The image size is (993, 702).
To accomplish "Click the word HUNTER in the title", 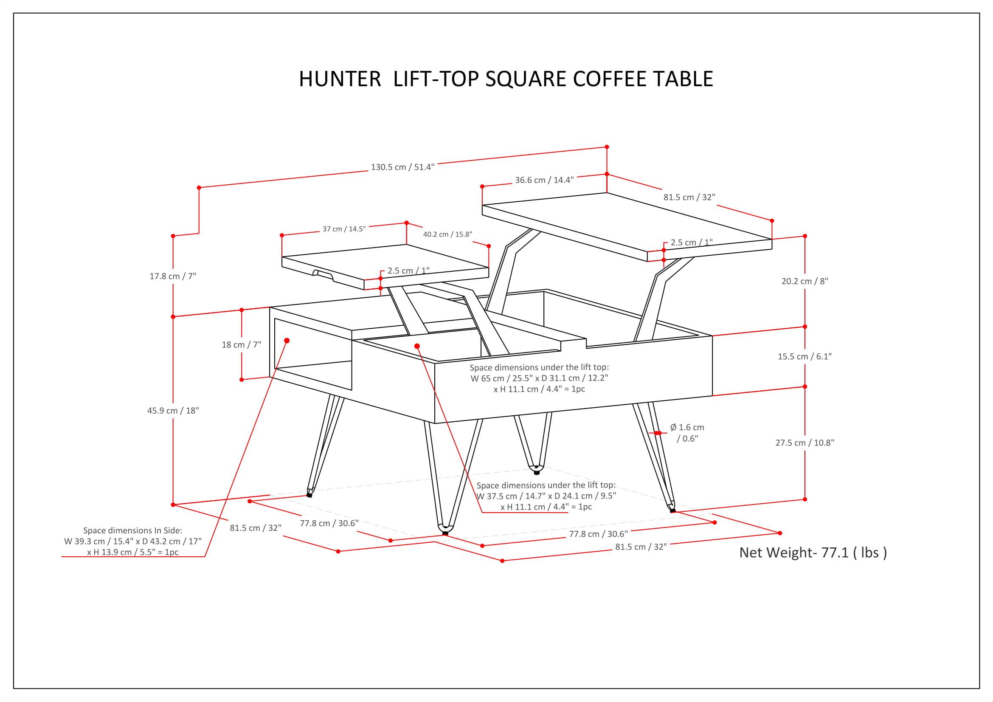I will (340, 79).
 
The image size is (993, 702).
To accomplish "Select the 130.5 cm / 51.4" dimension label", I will (402, 167).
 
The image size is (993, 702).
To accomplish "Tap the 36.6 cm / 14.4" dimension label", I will (544, 180).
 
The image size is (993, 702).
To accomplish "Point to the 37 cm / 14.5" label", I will (344, 229).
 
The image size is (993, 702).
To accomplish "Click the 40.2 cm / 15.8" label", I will (447, 234).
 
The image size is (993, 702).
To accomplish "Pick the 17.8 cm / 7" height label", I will (172, 276).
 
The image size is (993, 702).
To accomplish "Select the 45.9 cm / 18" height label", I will (172, 411).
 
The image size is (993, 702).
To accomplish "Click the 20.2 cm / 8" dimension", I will (805, 281).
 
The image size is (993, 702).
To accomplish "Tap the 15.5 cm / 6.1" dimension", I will (805, 356).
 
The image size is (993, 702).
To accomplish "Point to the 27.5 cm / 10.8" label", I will (805, 443).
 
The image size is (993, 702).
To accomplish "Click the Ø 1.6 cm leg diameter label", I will (687, 427).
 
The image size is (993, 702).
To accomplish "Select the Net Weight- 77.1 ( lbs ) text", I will (813, 553).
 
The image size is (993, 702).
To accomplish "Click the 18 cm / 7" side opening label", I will (241, 345).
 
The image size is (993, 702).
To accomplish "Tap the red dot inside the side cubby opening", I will (287, 341).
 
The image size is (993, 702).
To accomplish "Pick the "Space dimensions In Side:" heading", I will (132, 530).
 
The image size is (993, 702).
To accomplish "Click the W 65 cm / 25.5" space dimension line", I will (539, 378).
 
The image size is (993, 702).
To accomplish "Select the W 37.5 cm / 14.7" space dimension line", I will (546, 496).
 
